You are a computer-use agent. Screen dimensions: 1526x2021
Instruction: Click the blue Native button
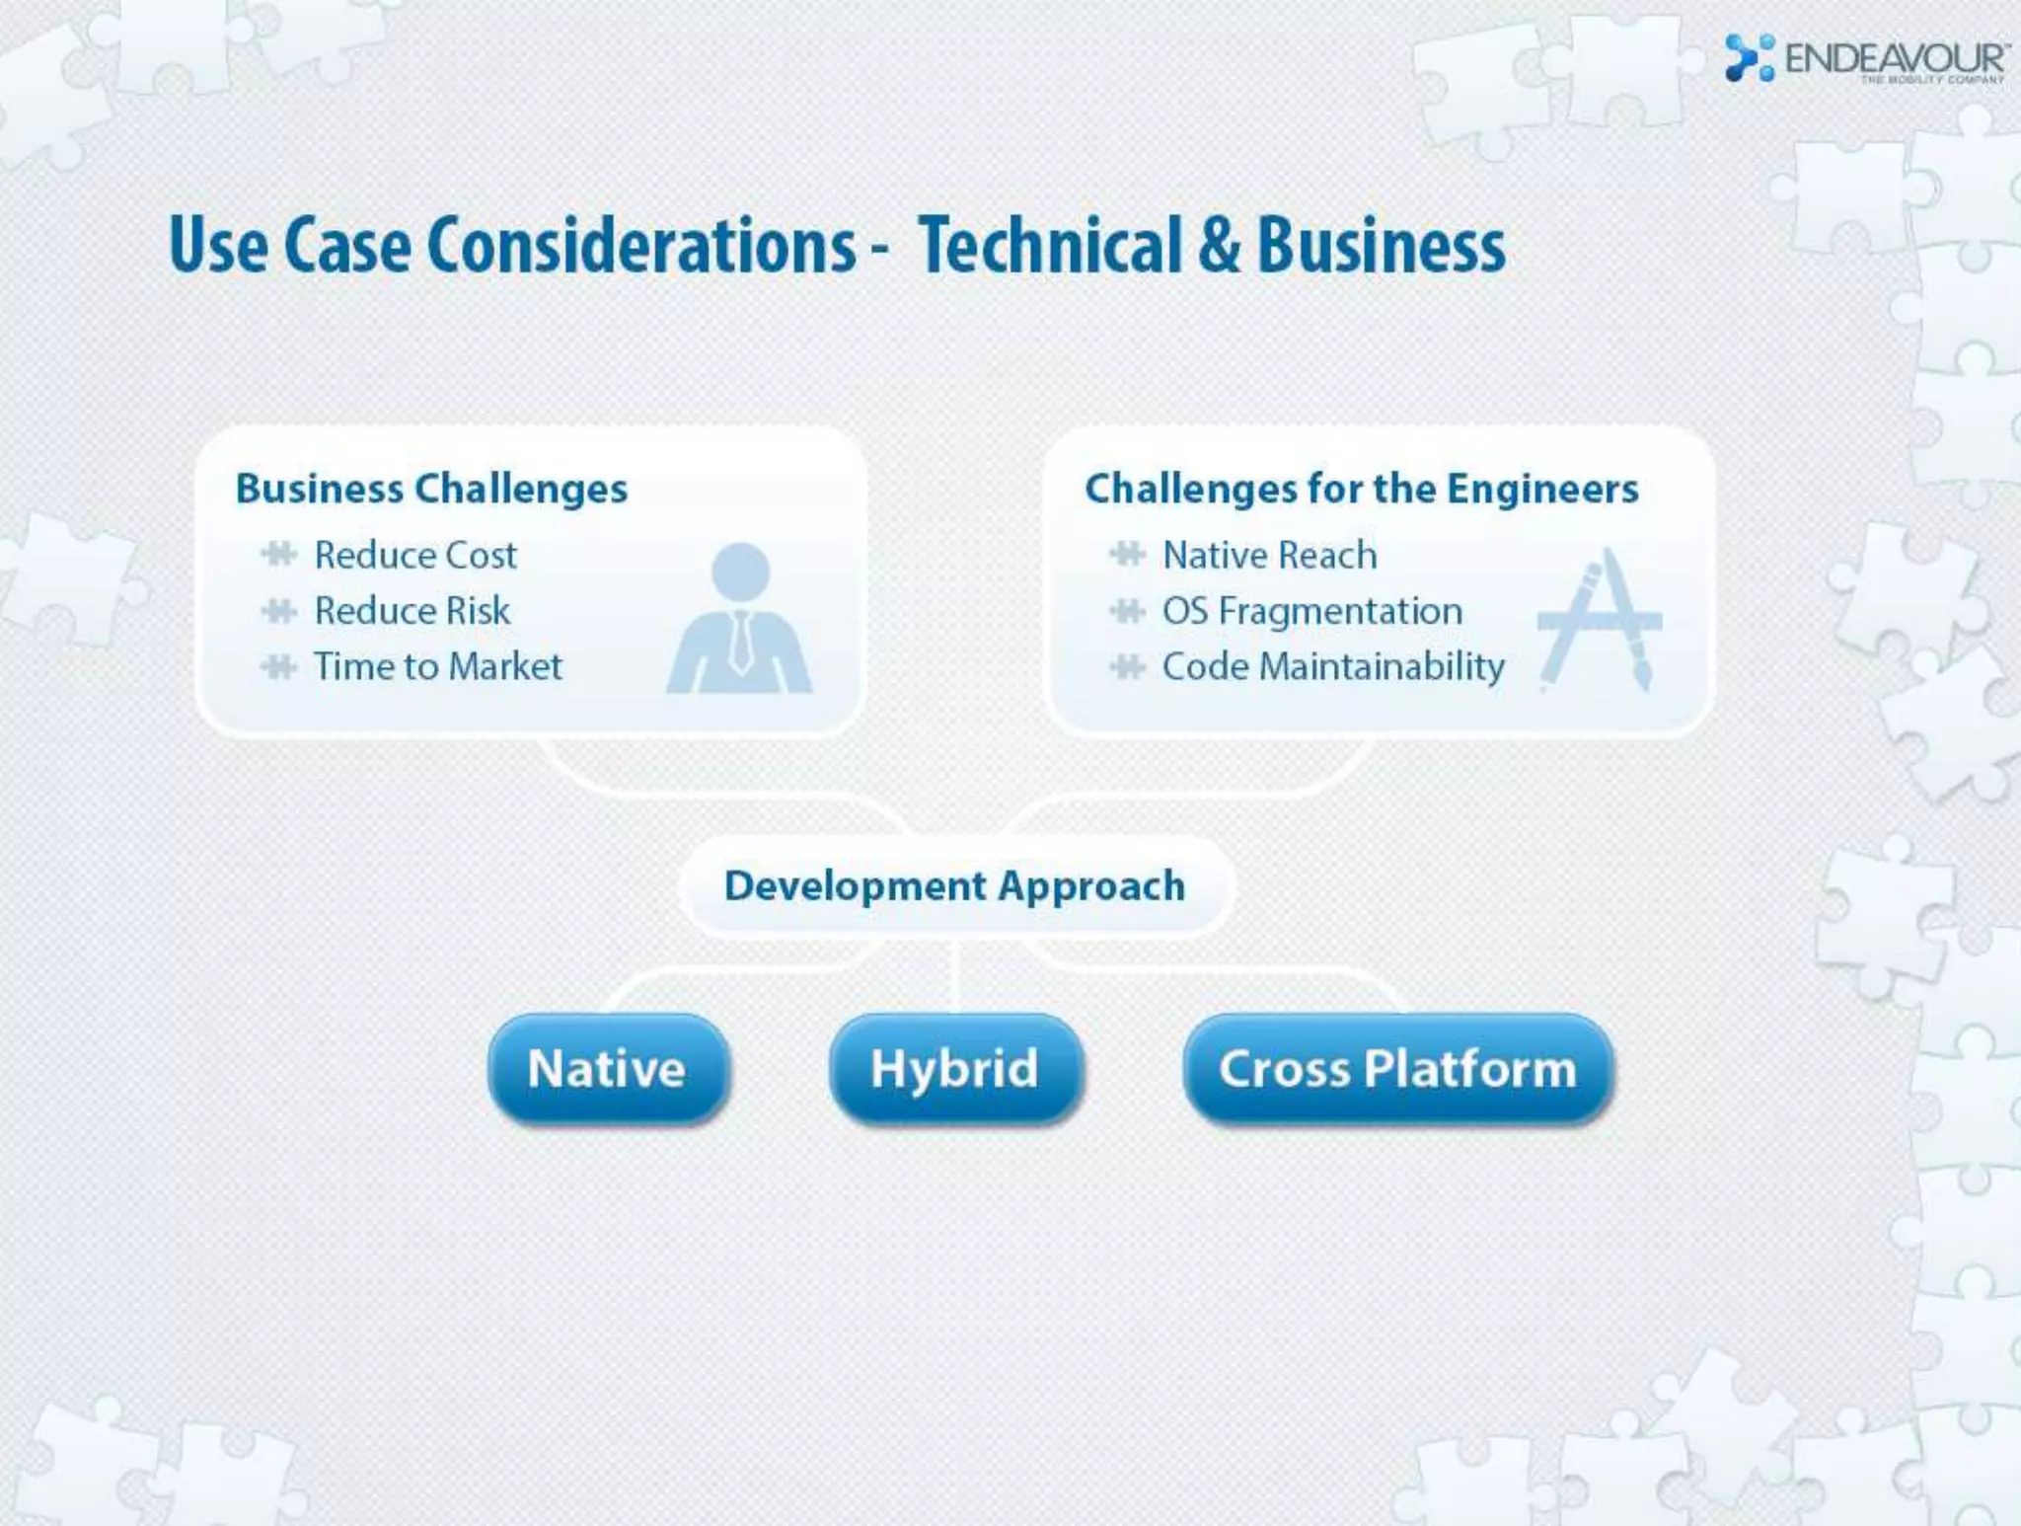coord(608,1069)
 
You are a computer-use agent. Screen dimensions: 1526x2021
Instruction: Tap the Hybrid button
coord(955,1069)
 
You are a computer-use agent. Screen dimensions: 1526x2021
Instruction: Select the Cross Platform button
coord(1397,1069)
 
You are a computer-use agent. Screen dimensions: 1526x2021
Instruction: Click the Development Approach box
coord(955,885)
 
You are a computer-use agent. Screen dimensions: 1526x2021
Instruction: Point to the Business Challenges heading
coord(431,489)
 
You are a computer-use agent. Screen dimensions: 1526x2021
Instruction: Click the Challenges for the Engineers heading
coord(1361,489)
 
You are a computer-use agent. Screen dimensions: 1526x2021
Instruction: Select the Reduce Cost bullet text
coord(415,556)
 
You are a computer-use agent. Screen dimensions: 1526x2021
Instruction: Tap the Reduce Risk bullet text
coord(412,611)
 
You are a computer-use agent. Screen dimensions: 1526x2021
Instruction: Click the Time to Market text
coord(438,666)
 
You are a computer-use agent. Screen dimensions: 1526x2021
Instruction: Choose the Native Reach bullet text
coord(1269,556)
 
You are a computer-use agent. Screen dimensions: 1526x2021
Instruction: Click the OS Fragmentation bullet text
coord(1311,611)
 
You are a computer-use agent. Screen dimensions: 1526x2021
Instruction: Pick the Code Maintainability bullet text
coord(1333,666)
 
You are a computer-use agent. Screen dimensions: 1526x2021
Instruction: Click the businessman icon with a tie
coord(739,620)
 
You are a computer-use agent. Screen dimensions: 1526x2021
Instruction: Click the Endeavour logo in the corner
coord(1865,58)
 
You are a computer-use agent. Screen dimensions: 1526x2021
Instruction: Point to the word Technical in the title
coord(1050,246)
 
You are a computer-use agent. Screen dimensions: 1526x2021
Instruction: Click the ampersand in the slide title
coord(1220,246)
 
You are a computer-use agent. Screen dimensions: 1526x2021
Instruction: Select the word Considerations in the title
coord(641,246)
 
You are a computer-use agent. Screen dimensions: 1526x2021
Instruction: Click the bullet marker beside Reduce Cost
coord(279,555)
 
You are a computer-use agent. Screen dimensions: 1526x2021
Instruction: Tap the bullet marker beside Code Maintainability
coord(1127,667)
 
